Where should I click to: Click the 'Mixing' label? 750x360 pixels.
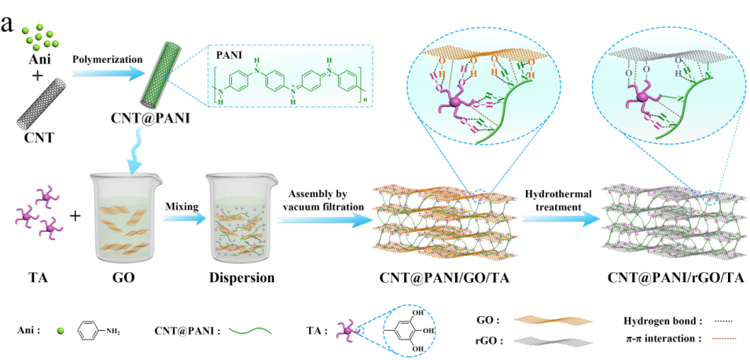pyautogui.click(x=181, y=207)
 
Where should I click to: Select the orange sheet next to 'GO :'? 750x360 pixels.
pyautogui.click(x=542, y=321)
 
